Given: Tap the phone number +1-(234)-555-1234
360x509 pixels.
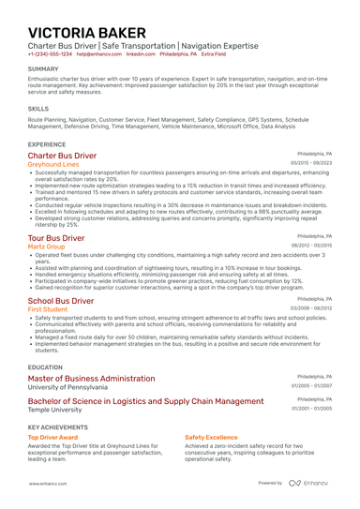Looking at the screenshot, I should (x=49, y=54).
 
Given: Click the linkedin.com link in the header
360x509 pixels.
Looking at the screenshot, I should (x=141, y=54).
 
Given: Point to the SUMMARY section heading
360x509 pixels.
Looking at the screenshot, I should (x=44, y=69).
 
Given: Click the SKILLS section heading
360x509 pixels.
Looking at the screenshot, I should (x=38, y=109).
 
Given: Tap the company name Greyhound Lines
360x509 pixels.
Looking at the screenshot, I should (x=53, y=164).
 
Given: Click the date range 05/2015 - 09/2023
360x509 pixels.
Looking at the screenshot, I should (x=311, y=163).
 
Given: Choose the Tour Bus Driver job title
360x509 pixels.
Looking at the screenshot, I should (x=56, y=239).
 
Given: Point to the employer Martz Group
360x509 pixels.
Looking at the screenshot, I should (x=47, y=247).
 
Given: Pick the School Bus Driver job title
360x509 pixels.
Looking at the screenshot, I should (x=61, y=301).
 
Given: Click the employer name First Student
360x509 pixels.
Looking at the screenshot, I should (x=48, y=309).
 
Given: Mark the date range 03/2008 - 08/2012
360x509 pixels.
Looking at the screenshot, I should (x=311, y=308).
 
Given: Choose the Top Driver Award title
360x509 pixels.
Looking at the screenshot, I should (x=52, y=437).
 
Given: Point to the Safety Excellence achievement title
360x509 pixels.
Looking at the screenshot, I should (x=211, y=437).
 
